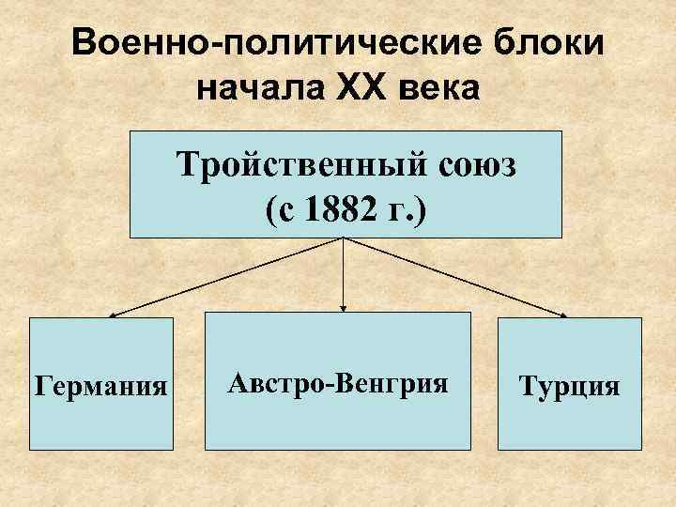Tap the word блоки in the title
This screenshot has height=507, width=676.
coord(544,47)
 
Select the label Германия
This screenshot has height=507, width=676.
coord(101,385)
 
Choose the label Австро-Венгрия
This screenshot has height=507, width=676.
coord(337,383)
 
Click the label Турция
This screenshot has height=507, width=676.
coord(571,386)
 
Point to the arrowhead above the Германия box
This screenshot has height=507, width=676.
coord(110,315)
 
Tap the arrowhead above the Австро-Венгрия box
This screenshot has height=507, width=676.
coord(344,308)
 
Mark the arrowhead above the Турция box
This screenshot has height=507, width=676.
coord(567,315)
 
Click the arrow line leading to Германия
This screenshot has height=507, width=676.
coord(225,277)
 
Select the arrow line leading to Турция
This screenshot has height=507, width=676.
coord(455,277)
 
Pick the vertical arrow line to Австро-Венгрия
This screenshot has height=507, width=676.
coord(344,272)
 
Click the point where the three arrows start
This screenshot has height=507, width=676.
coord(344,238)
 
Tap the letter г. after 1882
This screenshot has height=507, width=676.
coord(393,209)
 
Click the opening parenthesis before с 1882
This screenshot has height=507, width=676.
coord(271,209)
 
